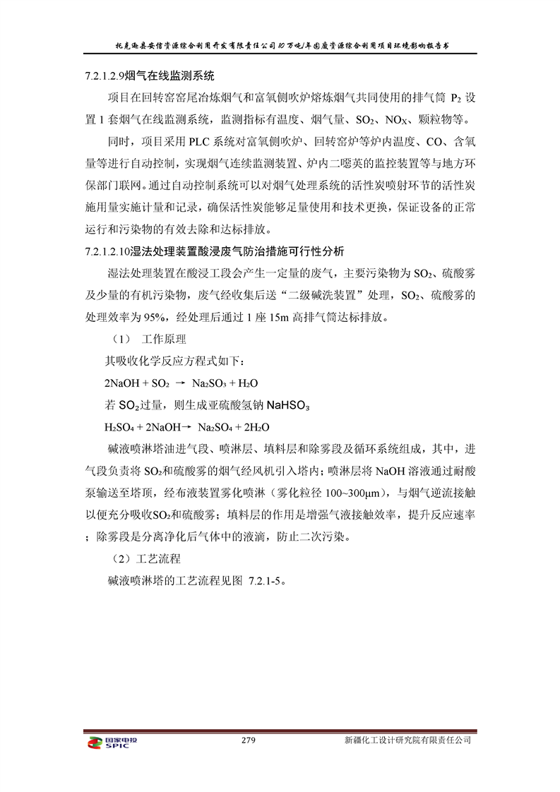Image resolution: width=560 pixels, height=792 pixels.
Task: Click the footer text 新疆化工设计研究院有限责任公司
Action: tap(407, 740)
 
